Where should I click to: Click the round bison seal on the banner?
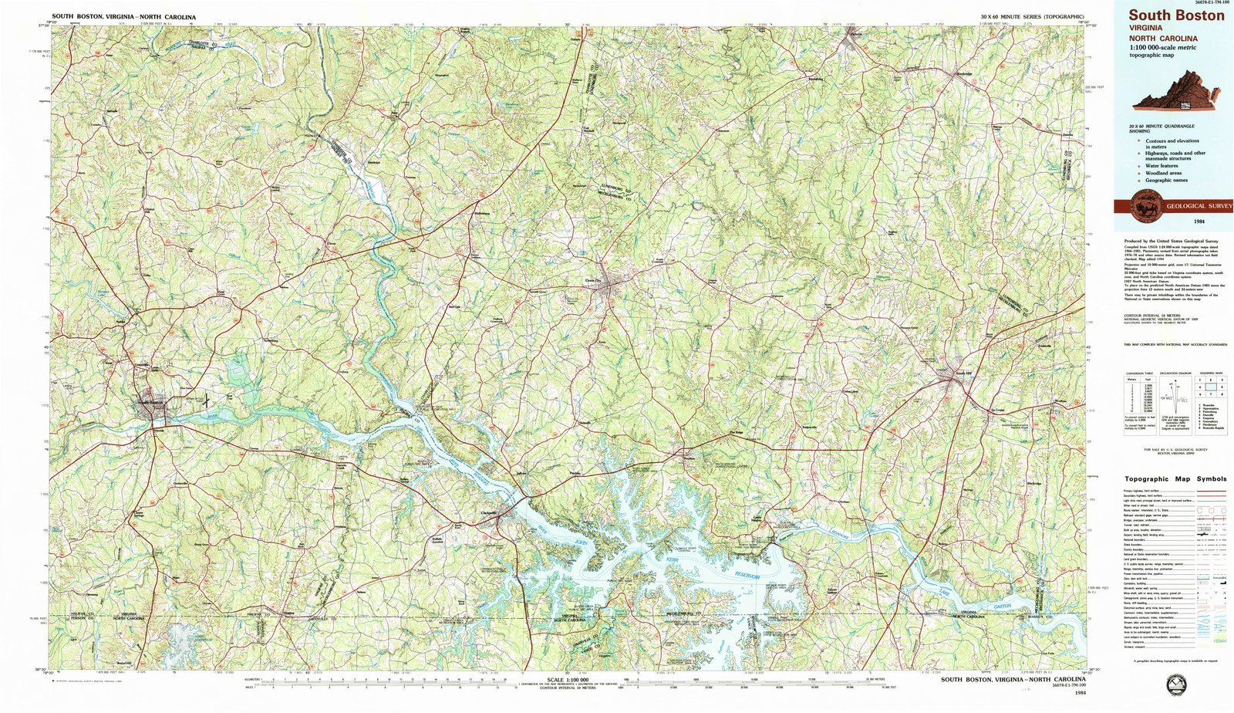1142,206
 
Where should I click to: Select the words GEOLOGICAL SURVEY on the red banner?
1199,206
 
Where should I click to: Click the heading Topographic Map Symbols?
1175,478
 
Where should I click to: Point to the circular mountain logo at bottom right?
1177,684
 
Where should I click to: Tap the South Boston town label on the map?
150,402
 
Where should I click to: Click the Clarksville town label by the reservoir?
484,513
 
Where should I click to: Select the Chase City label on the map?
593,281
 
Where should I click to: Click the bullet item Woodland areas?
1163,173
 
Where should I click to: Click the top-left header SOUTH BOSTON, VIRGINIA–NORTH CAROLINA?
123,17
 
